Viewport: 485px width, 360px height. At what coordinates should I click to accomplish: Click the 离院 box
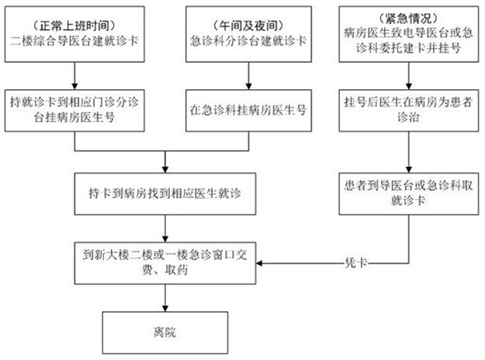pos(165,333)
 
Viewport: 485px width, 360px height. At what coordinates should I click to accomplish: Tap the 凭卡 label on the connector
pos(356,263)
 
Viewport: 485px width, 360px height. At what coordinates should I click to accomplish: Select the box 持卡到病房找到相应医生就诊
pos(165,194)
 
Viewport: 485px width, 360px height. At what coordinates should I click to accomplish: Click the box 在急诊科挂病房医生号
pos(248,111)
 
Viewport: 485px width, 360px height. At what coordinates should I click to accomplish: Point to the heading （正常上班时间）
pos(74,26)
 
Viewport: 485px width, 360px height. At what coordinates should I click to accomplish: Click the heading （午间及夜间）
pos(248,26)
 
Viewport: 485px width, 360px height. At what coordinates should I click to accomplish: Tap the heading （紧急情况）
pos(409,19)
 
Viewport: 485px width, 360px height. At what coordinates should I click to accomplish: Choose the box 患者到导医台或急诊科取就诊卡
pos(409,194)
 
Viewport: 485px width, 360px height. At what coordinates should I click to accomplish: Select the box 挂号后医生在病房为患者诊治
pos(409,111)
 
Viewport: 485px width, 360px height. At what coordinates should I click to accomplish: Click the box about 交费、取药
pos(165,263)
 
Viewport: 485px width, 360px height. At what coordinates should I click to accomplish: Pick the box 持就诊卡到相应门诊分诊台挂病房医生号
pos(74,111)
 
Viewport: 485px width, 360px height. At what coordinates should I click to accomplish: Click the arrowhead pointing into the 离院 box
pos(165,308)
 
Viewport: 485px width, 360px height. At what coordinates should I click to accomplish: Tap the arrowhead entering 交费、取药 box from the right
pos(259,263)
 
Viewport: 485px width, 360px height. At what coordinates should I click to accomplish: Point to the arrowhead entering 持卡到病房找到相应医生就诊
pos(165,170)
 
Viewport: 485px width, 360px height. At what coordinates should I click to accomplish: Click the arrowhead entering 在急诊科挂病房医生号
pos(248,87)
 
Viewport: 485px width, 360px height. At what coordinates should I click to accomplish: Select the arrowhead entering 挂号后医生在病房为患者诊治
pos(409,87)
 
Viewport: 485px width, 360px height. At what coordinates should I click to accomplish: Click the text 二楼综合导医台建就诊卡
pos(74,41)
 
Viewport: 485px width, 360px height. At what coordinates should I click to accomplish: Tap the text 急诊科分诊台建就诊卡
pos(248,41)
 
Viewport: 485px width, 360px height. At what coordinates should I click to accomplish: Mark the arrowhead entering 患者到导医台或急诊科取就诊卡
pos(409,170)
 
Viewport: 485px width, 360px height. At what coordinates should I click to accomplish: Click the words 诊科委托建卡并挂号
pos(409,48)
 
